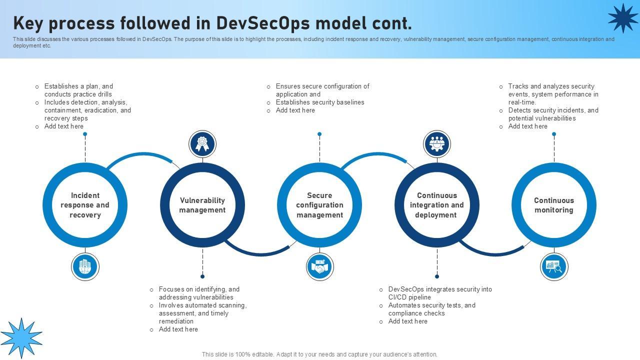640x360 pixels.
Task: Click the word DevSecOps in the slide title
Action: tap(263, 23)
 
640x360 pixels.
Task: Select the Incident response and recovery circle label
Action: tap(85, 205)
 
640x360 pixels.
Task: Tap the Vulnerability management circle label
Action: tap(202, 205)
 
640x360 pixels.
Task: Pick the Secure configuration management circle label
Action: tap(319, 205)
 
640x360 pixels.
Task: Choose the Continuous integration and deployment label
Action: tap(437, 205)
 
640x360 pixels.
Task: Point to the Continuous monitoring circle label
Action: tap(554, 205)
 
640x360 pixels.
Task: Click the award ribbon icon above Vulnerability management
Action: tap(202, 144)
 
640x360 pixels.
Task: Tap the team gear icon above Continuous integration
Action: tap(437, 144)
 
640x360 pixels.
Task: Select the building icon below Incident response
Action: tap(85, 266)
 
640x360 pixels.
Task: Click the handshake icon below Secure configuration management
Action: tap(319, 266)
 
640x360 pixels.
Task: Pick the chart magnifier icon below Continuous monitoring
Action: tap(554, 266)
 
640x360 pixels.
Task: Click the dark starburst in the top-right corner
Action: tap(622, 18)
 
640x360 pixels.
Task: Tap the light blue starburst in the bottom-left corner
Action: tap(21, 337)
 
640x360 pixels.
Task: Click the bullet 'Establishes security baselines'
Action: tap(320, 102)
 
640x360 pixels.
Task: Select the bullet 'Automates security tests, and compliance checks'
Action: tap(431, 309)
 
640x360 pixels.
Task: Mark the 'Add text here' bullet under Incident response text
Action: tap(63, 126)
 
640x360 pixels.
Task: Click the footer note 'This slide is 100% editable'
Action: tap(319, 354)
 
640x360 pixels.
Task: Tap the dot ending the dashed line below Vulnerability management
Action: tap(202, 276)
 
